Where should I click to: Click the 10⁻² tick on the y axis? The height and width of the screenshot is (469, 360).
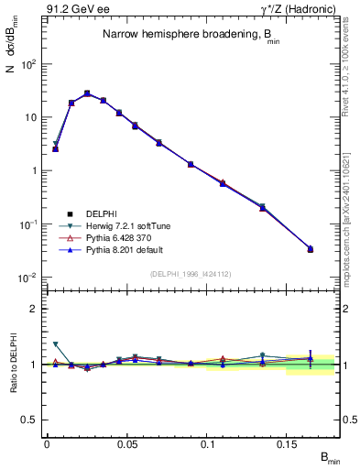[x=27, y=277]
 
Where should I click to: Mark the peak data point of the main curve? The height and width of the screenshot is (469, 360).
[x=87, y=93]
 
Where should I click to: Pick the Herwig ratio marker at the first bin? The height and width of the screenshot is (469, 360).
[x=55, y=344]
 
